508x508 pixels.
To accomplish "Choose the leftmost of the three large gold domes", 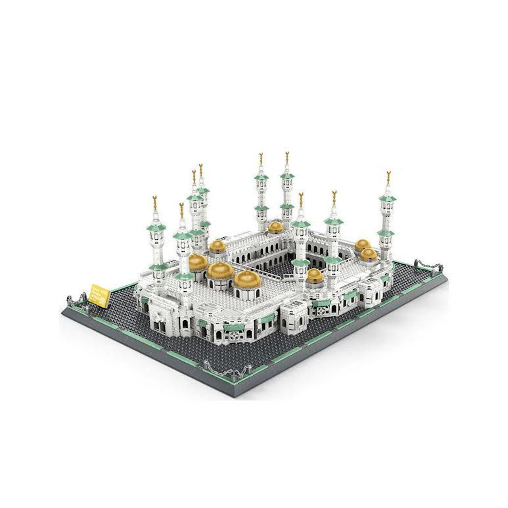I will pyautogui.click(x=198, y=262).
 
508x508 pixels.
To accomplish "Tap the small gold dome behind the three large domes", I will pyautogui.click(x=218, y=246).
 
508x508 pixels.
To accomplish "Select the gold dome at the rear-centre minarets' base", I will pyautogui.click(x=276, y=227).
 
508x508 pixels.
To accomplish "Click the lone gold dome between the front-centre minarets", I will pyautogui.click(x=315, y=275).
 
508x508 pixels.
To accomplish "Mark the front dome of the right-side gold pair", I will pyautogui.click(x=369, y=254).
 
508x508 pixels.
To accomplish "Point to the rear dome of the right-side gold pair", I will pyautogui.click(x=362, y=244).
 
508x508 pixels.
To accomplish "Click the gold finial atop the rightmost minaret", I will pyautogui.click(x=388, y=175).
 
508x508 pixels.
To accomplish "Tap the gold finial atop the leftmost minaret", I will pyautogui.click(x=155, y=200).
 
